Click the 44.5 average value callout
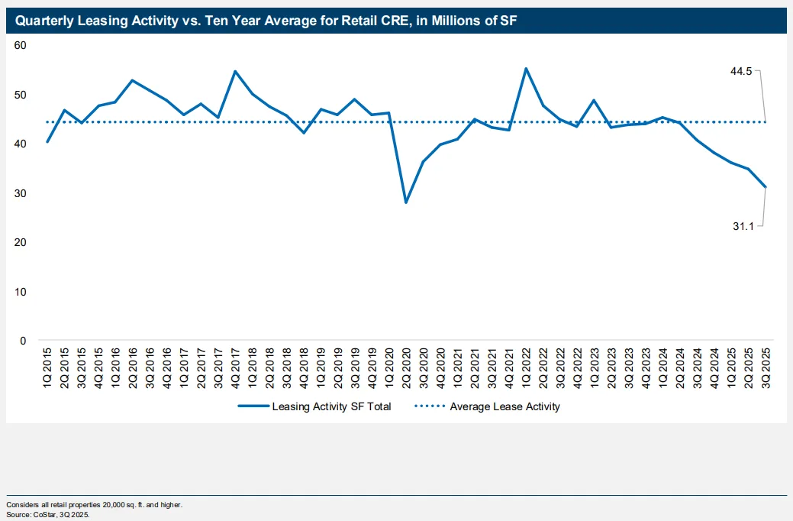click(x=741, y=71)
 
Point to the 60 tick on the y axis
click(x=21, y=46)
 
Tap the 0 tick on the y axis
click(x=24, y=341)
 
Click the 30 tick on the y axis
click(x=21, y=193)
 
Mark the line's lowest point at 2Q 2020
click(x=406, y=202)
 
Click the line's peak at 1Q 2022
click(x=526, y=69)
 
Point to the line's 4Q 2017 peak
click(x=235, y=71)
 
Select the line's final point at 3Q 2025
click(x=766, y=187)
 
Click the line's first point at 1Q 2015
click(x=47, y=142)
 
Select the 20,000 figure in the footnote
click(x=95, y=505)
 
